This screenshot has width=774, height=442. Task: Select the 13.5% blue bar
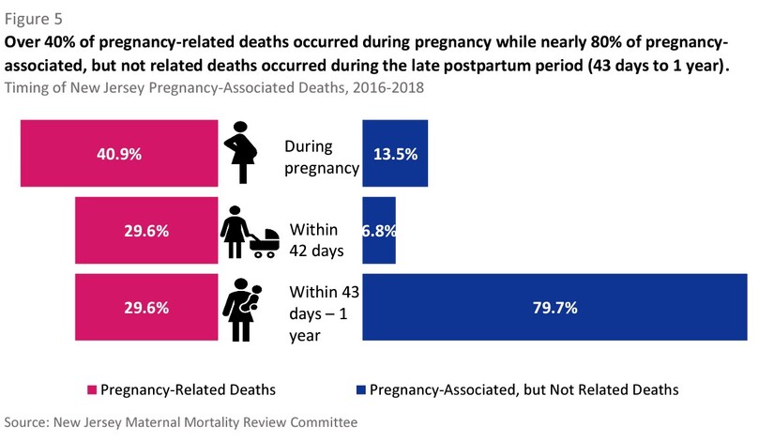click(x=396, y=154)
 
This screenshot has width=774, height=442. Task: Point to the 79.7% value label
click(x=555, y=307)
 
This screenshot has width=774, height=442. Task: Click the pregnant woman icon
click(x=242, y=153)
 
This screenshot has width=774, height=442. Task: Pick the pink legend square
click(x=92, y=389)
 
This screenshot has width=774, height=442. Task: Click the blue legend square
click(x=361, y=389)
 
